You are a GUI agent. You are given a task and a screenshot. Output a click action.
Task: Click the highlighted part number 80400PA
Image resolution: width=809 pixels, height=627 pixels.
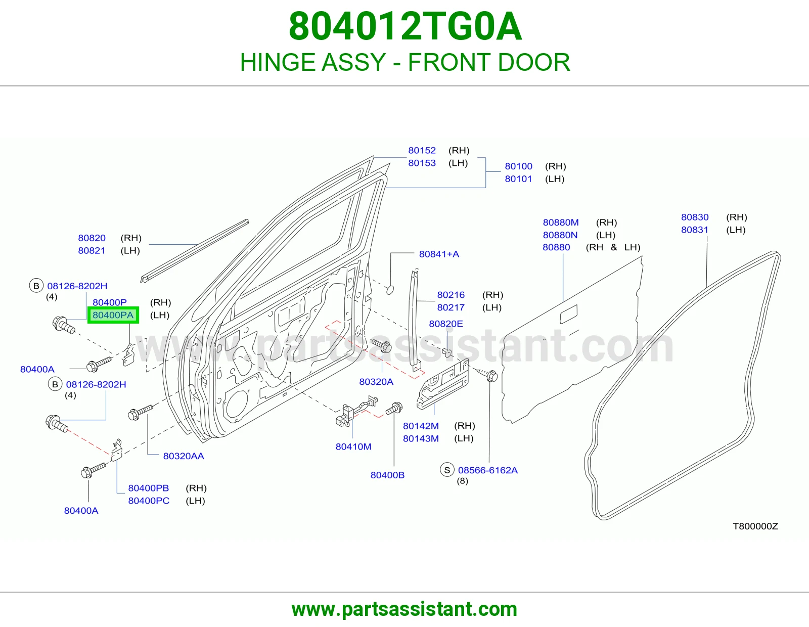coord(113,315)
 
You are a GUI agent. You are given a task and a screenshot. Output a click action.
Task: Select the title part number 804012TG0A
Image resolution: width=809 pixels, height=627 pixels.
coord(406,26)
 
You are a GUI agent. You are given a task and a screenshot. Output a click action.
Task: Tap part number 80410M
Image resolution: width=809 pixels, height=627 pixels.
coord(353,446)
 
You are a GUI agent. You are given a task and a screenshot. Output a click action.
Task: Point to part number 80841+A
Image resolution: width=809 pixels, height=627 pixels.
coord(439,254)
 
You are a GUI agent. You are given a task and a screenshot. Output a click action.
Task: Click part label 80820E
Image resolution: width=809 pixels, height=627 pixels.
coord(446,324)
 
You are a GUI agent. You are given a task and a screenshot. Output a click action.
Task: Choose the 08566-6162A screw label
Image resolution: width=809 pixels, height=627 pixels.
coord(488,470)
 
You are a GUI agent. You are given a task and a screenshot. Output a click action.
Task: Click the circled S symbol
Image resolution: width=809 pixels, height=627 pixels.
coord(447,470)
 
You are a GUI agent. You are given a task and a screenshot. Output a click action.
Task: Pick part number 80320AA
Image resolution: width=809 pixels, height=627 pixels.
coord(184,456)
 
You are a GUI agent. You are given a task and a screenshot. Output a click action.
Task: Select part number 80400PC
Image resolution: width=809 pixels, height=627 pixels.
coord(149,501)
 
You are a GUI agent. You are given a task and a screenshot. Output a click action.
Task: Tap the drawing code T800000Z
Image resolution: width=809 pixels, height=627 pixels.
coord(755,526)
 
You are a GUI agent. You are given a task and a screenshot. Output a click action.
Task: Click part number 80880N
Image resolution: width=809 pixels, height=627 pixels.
coord(560,235)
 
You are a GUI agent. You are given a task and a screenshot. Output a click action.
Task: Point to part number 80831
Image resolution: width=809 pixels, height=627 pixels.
coord(695,230)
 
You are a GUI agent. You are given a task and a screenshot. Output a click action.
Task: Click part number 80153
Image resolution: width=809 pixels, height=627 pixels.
coord(422,163)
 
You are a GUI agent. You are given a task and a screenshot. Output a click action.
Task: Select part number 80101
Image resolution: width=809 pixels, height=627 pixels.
coord(518,178)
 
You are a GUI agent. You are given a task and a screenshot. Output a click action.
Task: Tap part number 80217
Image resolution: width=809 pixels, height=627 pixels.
coord(451,307)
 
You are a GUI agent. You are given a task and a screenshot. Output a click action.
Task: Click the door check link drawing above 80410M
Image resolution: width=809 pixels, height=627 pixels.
coord(355,411)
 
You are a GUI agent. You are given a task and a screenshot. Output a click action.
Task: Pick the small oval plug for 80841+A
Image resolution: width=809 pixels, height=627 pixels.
coord(390,289)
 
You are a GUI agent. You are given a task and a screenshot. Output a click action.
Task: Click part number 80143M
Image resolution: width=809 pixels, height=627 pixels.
coord(421,438)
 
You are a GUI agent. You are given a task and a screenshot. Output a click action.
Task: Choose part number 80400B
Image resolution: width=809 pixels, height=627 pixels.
coord(387,475)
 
